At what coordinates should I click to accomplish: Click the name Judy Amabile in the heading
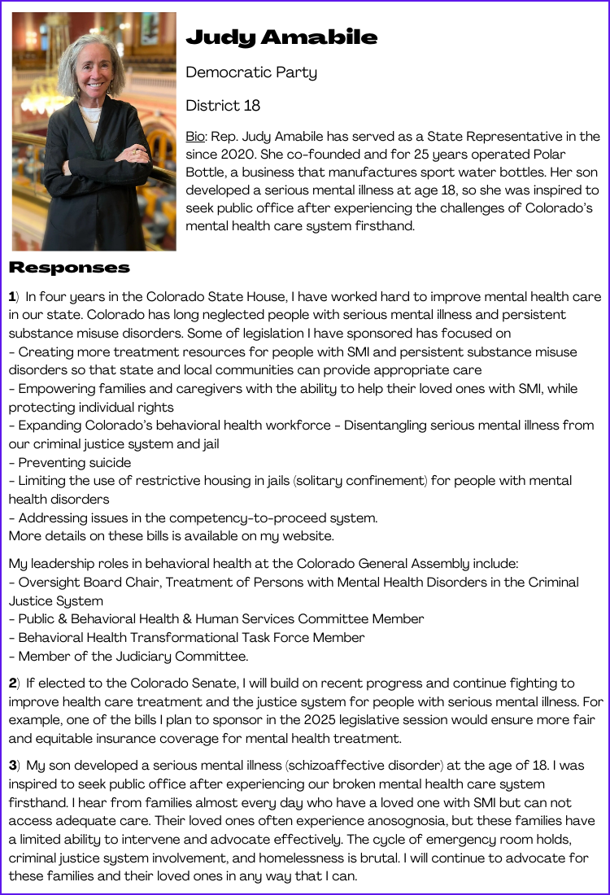pyautogui.click(x=281, y=37)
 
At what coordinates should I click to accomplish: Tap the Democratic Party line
pyautogui.click(x=251, y=72)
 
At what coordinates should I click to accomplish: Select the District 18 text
pyautogui.click(x=223, y=106)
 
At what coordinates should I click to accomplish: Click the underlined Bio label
pyautogui.click(x=195, y=137)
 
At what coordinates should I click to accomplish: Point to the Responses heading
pyautogui.click(x=69, y=268)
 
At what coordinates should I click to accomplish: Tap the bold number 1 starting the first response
pyautogui.click(x=12, y=297)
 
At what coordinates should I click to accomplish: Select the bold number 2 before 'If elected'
pyautogui.click(x=13, y=683)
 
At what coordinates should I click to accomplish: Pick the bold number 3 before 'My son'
pyautogui.click(x=13, y=766)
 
